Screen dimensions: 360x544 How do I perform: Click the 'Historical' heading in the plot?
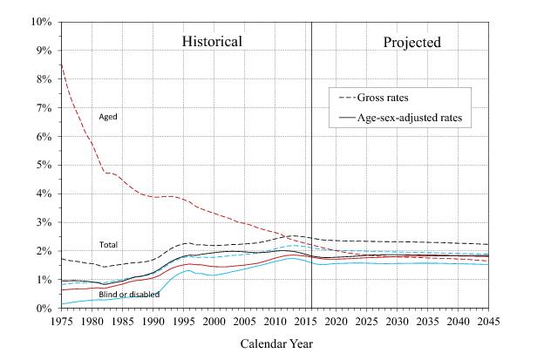(212, 42)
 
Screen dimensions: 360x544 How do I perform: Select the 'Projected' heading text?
(412, 42)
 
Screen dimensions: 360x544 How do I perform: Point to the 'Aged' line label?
(108, 116)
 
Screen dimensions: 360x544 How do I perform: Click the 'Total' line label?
(108, 245)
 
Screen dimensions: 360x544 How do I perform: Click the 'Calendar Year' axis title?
(275, 343)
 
